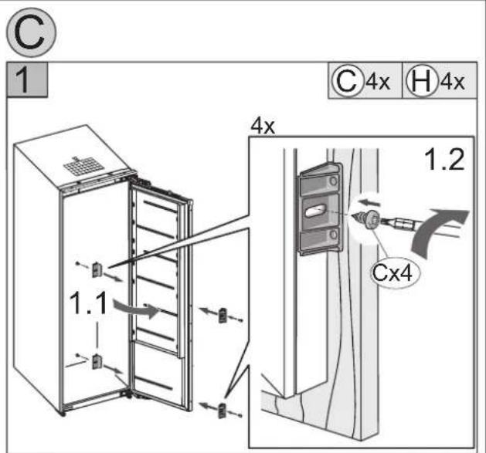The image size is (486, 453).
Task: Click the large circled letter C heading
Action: [32, 32]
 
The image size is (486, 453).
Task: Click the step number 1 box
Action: [27, 79]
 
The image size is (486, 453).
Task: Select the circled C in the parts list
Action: [347, 81]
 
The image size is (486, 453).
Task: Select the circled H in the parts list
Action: [422, 81]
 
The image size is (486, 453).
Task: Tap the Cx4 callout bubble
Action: [393, 272]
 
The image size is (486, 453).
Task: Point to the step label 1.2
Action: [445, 160]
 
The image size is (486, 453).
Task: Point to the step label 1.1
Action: [89, 303]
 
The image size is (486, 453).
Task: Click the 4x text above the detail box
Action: [263, 127]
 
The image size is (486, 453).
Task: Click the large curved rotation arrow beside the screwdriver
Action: [437, 231]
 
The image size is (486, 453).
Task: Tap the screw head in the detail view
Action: [371, 219]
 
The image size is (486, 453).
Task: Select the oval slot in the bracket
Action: [315, 211]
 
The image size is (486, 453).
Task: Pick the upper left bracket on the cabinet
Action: [97, 270]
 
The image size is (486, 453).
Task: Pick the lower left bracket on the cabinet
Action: [97, 361]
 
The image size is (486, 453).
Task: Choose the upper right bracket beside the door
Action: [223, 316]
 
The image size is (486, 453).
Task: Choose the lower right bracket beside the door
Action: [223, 411]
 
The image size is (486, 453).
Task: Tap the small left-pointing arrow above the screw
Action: [369, 203]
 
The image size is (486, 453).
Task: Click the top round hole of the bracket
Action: [334, 181]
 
